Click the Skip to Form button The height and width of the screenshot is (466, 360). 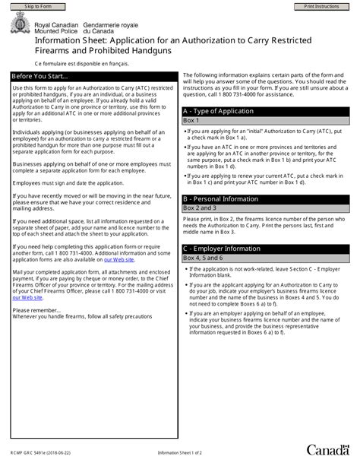33,6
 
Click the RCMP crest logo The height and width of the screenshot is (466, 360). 19,27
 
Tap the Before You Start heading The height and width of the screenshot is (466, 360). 41,77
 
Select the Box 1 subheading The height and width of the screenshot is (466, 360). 191,120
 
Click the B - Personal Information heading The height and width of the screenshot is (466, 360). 220,198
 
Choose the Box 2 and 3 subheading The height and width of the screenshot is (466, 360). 200,208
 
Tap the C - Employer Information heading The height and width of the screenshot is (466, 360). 220,249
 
